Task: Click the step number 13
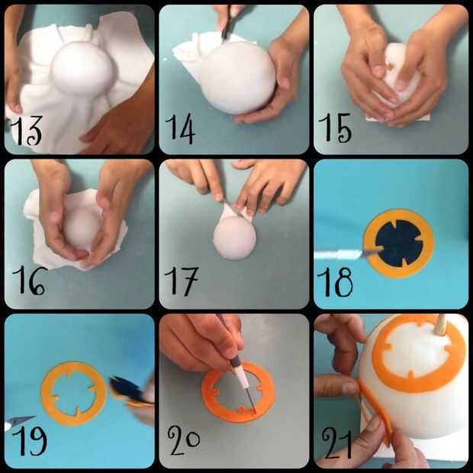point(26,130)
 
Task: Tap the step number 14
point(180,128)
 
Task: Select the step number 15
point(335,128)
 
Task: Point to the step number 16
point(29,280)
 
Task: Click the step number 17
point(181,282)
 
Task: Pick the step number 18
point(335,282)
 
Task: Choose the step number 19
point(30,441)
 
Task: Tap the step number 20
point(184,440)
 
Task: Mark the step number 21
point(337,443)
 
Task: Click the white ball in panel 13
point(82,68)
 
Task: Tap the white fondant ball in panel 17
point(234,237)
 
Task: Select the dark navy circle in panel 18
point(399,243)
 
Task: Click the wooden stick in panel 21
point(441,325)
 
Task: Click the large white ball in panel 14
point(238,77)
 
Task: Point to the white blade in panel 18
point(339,254)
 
